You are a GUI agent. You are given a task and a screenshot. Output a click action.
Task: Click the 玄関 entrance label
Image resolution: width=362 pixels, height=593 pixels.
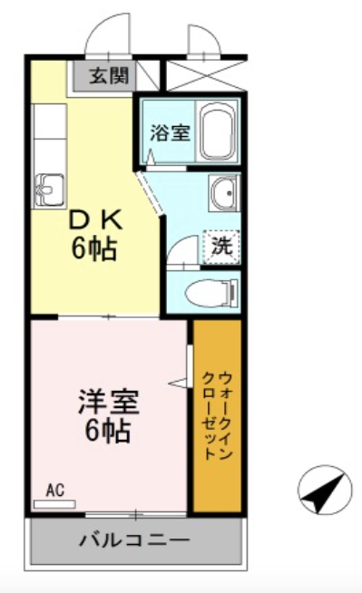[109, 76]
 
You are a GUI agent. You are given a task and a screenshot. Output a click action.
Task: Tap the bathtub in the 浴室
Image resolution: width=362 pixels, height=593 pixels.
[216, 131]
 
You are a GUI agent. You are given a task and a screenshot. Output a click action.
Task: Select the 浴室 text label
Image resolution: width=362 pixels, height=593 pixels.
[170, 132]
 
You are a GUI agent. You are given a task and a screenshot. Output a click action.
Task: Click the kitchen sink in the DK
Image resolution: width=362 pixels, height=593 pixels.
[50, 190]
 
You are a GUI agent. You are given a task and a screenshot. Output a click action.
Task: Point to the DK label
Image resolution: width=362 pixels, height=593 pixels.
[95, 220]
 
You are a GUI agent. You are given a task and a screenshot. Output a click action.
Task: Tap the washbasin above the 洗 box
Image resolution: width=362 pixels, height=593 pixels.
[224, 194]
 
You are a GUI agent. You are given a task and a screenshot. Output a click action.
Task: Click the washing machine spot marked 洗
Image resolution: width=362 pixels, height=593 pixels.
[221, 248]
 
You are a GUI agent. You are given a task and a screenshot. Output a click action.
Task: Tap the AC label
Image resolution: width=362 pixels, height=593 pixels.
[55, 491]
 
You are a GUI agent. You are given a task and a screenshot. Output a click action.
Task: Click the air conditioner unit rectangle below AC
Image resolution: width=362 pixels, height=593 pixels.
[54, 504]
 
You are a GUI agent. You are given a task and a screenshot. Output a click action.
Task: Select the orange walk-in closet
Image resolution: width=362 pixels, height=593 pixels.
[217, 416]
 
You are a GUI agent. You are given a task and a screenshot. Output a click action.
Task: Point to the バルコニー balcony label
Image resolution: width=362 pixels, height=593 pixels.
[134, 540]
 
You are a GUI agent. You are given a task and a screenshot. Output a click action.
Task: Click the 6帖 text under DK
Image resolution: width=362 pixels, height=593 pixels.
[93, 249]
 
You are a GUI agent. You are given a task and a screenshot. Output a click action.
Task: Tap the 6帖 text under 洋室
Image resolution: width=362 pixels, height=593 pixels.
[109, 431]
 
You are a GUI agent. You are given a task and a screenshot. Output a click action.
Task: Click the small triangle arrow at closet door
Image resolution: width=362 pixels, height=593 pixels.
[178, 383]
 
